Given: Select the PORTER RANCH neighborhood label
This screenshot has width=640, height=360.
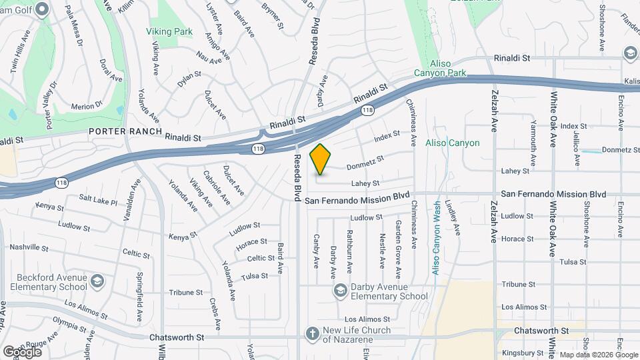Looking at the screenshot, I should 125,131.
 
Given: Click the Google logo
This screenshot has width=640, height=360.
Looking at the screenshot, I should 22,351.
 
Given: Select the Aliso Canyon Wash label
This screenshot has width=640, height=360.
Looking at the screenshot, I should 437,238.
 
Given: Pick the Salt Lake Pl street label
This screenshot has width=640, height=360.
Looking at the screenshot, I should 98,200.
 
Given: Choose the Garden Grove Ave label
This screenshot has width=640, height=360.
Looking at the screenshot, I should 398,249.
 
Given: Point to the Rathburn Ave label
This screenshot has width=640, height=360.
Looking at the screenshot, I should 349,251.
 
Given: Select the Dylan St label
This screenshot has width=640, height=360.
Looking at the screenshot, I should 189,79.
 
